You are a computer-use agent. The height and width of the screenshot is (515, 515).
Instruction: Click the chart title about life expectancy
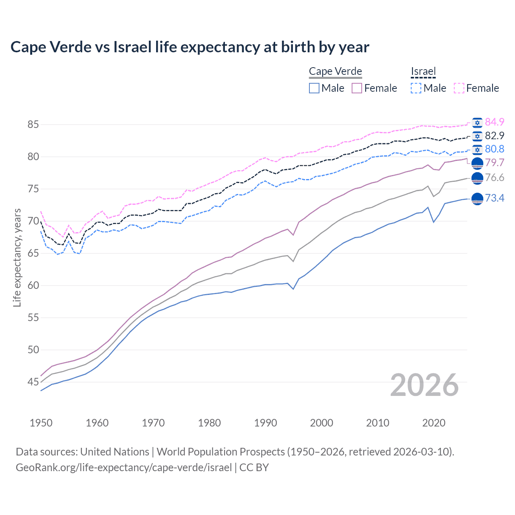pyautogui.click(x=190, y=47)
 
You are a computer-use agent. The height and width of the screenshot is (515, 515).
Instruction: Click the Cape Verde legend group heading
pyautogui.click(x=335, y=71)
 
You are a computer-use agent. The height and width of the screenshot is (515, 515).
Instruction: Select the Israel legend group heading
pyautogui.click(x=423, y=71)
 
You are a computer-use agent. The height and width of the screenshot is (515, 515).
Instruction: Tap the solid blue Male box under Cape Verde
pyautogui.click(x=314, y=88)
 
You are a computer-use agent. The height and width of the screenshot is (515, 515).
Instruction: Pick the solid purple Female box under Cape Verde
pyautogui.click(x=357, y=88)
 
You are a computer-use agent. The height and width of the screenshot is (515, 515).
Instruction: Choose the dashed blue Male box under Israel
pyautogui.click(x=416, y=88)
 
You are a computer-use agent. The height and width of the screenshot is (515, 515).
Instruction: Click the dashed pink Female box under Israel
pyautogui.click(x=459, y=88)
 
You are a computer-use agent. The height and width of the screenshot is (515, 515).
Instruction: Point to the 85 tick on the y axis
pyautogui.click(x=33, y=124)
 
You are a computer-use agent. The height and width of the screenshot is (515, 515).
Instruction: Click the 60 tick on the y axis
pyautogui.click(x=33, y=285)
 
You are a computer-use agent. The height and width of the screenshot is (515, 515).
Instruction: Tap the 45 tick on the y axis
pyautogui.click(x=33, y=382)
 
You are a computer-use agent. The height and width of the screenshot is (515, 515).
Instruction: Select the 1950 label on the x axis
pyautogui.click(x=41, y=423)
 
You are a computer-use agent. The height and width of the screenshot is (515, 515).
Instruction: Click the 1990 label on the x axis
pyautogui.click(x=266, y=423)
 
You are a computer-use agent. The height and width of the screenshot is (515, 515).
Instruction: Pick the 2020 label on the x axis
pyautogui.click(x=434, y=423)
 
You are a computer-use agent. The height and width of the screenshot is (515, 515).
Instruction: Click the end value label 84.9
pyautogui.click(x=494, y=122)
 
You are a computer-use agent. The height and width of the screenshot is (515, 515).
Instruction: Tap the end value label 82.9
pyautogui.click(x=494, y=136)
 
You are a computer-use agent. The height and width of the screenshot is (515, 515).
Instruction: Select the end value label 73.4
pyautogui.click(x=494, y=198)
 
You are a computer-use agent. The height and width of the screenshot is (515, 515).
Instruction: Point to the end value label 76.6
pyautogui.click(x=494, y=177)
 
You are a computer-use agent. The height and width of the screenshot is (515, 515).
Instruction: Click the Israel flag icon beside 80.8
pyautogui.click(x=477, y=149)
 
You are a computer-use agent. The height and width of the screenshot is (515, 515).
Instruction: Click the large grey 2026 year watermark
pyautogui.click(x=424, y=385)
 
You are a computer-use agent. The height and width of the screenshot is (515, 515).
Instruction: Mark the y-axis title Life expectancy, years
pyautogui.click(x=17, y=257)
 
